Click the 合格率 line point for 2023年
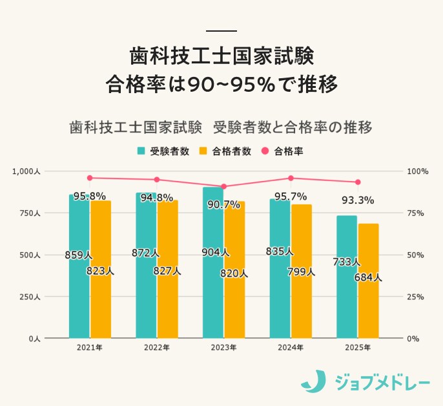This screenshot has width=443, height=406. [x=224, y=186]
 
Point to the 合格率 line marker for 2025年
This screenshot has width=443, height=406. [x=358, y=182]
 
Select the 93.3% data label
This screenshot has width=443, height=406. [x=358, y=200]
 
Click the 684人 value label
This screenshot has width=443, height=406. [x=369, y=278]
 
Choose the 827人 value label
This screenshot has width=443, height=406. [x=167, y=272]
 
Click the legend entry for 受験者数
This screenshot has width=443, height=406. [x=163, y=151]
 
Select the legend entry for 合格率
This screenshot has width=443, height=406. [x=283, y=151]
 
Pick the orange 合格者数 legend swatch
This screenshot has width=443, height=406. [x=202, y=151]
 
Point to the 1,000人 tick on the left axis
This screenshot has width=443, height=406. [x=26, y=171]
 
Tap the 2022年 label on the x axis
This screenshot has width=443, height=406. [x=157, y=348]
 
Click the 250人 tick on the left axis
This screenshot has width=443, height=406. [x=29, y=297]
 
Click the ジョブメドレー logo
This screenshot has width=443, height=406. [x=365, y=381]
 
